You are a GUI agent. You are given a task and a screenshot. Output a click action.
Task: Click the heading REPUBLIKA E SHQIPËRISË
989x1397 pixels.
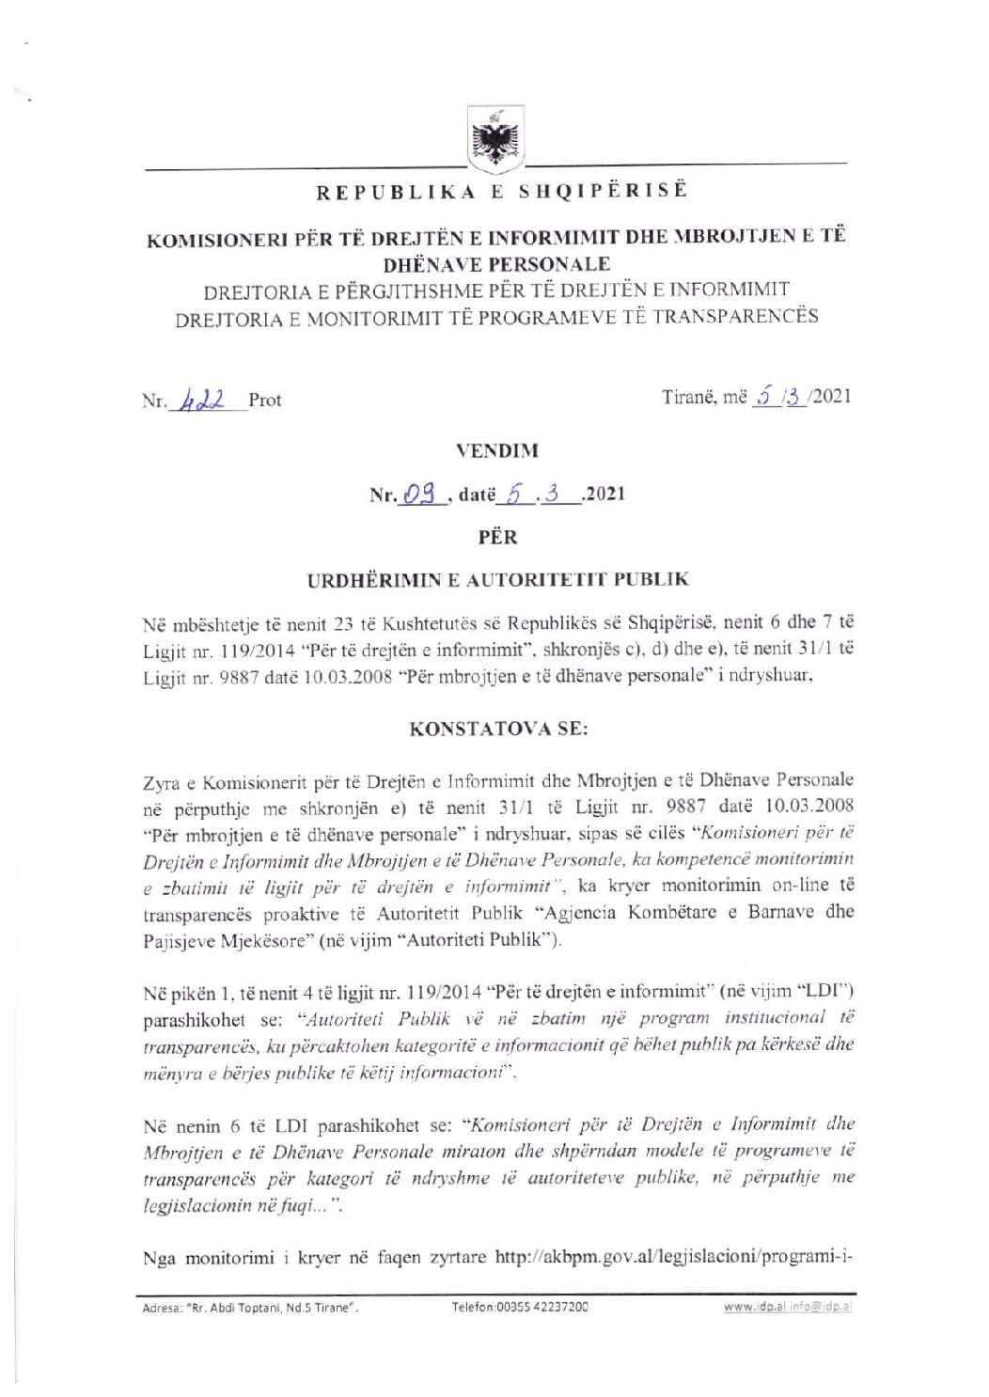[501, 191]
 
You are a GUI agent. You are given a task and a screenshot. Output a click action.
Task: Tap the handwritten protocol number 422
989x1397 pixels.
[206, 399]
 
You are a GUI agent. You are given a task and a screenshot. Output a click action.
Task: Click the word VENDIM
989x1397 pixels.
[497, 450]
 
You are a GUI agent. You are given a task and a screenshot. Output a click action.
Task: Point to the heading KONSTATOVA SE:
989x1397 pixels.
[498, 729]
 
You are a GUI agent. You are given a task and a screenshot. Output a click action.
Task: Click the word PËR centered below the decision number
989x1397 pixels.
[497, 537]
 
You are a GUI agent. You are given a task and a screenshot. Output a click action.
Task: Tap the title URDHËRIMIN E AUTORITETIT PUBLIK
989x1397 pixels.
[497, 579]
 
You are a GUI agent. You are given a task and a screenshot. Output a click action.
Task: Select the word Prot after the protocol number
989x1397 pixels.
[265, 400]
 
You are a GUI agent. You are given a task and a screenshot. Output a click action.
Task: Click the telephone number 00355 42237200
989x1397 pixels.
[520, 1307]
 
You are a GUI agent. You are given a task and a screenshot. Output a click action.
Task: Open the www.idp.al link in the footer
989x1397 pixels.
[751, 1307]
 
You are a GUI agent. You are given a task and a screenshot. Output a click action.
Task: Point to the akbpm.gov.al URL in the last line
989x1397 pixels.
[673, 1257]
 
